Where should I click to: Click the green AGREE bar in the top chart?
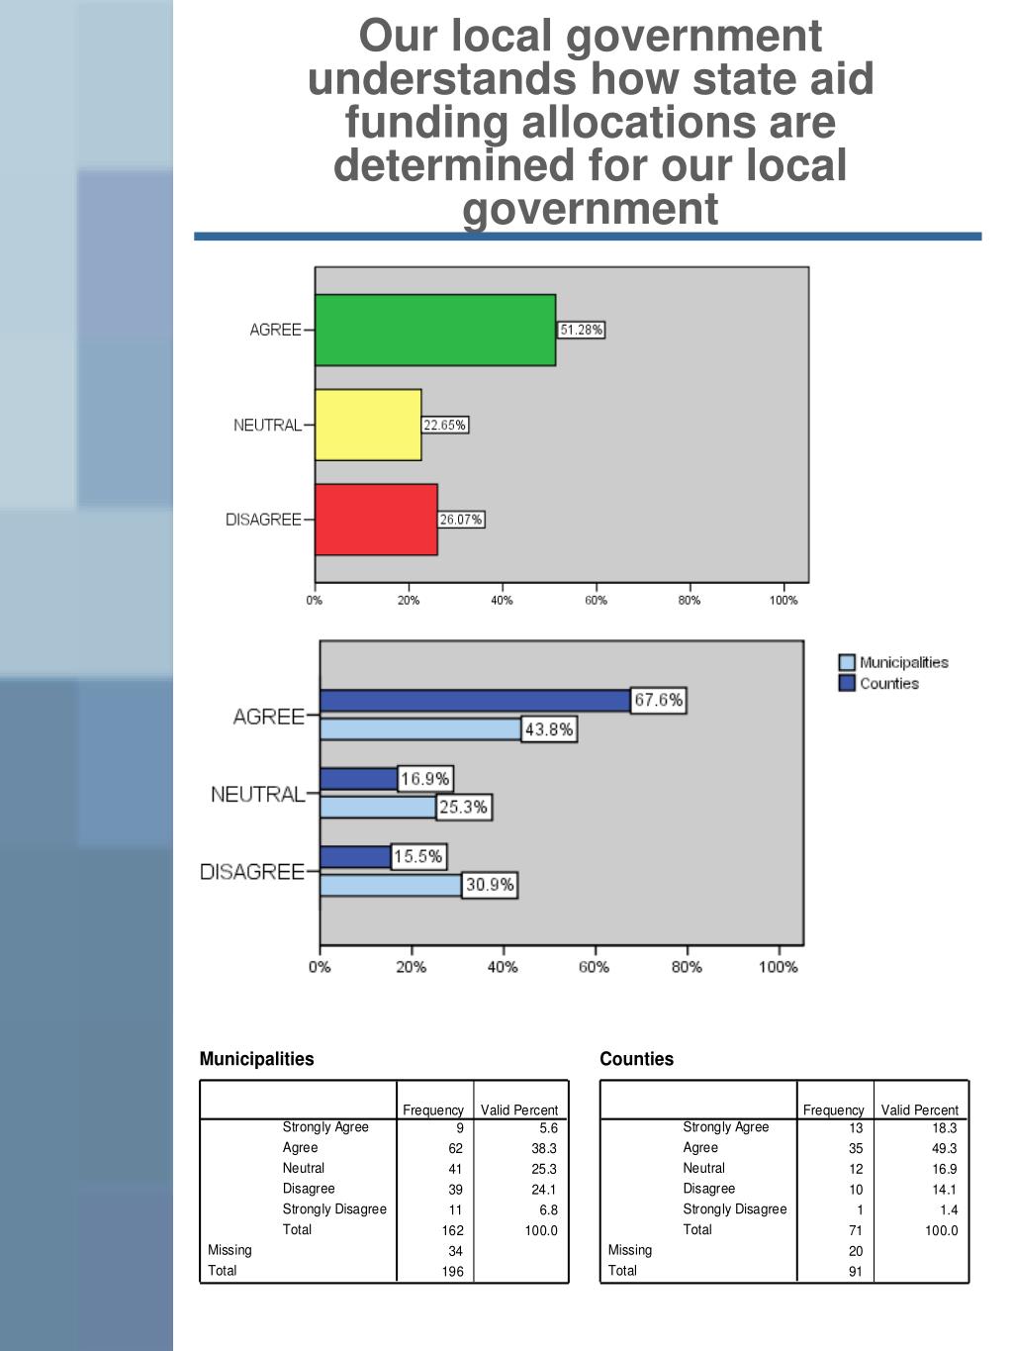(x=435, y=330)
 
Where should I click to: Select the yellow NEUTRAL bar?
(x=368, y=425)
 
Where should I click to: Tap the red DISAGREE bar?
(x=376, y=520)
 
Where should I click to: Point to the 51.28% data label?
(x=581, y=330)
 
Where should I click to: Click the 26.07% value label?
(x=461, y=520)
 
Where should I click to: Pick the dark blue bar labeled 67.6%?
(x=475, y=701)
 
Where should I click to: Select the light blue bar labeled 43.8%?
(x=420, y=729)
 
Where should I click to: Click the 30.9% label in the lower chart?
(x=490, y=885)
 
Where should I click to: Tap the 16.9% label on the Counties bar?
(x=424, y=779)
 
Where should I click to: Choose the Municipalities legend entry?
(x=894, y=662)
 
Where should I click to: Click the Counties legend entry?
(x=879, y=683)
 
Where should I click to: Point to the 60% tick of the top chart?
(x=596, y=600)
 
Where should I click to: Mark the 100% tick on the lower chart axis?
(x=778, y=967)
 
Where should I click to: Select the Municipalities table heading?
(x=256, y=1059)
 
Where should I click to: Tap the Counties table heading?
(x=636, y=1059)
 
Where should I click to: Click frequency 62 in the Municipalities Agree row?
(x=455, y=1149)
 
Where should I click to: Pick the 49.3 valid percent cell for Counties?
(x=944, y=1149)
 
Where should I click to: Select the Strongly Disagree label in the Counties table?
(x=734, y=1209)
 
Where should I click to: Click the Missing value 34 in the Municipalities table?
(x=455, y=1251)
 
